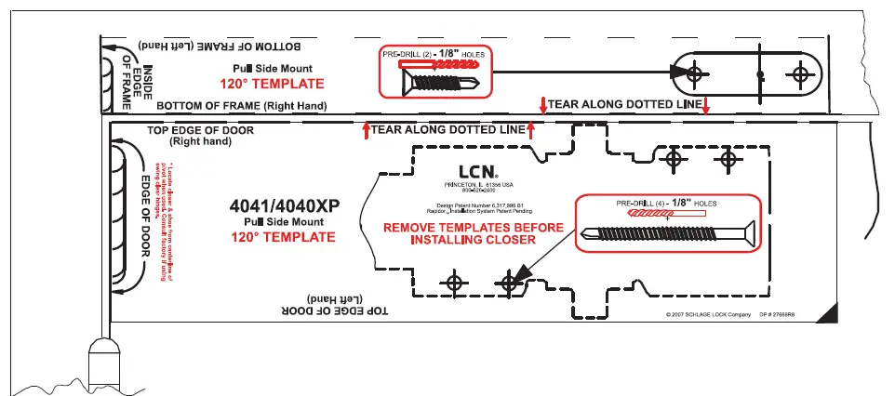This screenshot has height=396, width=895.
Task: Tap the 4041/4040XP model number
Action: pos(280,205)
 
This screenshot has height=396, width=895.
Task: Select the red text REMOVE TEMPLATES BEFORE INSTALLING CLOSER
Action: pos(473,233)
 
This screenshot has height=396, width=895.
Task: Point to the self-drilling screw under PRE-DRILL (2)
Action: pos(437,83)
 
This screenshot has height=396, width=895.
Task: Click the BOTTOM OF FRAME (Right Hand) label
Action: pos(241,106)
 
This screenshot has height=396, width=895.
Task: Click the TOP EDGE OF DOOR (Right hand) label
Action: pos(200,136)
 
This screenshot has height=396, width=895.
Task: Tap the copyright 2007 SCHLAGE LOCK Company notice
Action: pos(708,315)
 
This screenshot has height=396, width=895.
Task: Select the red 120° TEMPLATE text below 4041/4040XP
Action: pos(283,237)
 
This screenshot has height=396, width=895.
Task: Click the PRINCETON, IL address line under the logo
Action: pos(478,186)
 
